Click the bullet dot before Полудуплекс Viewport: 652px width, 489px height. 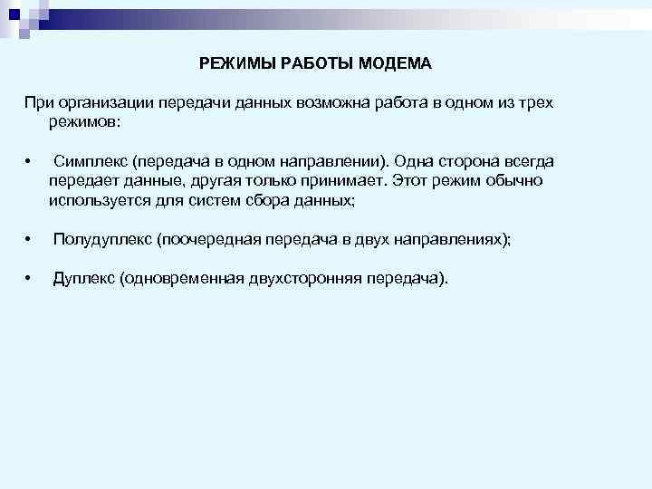point(30,240)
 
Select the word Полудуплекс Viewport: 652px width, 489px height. point(102,239)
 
